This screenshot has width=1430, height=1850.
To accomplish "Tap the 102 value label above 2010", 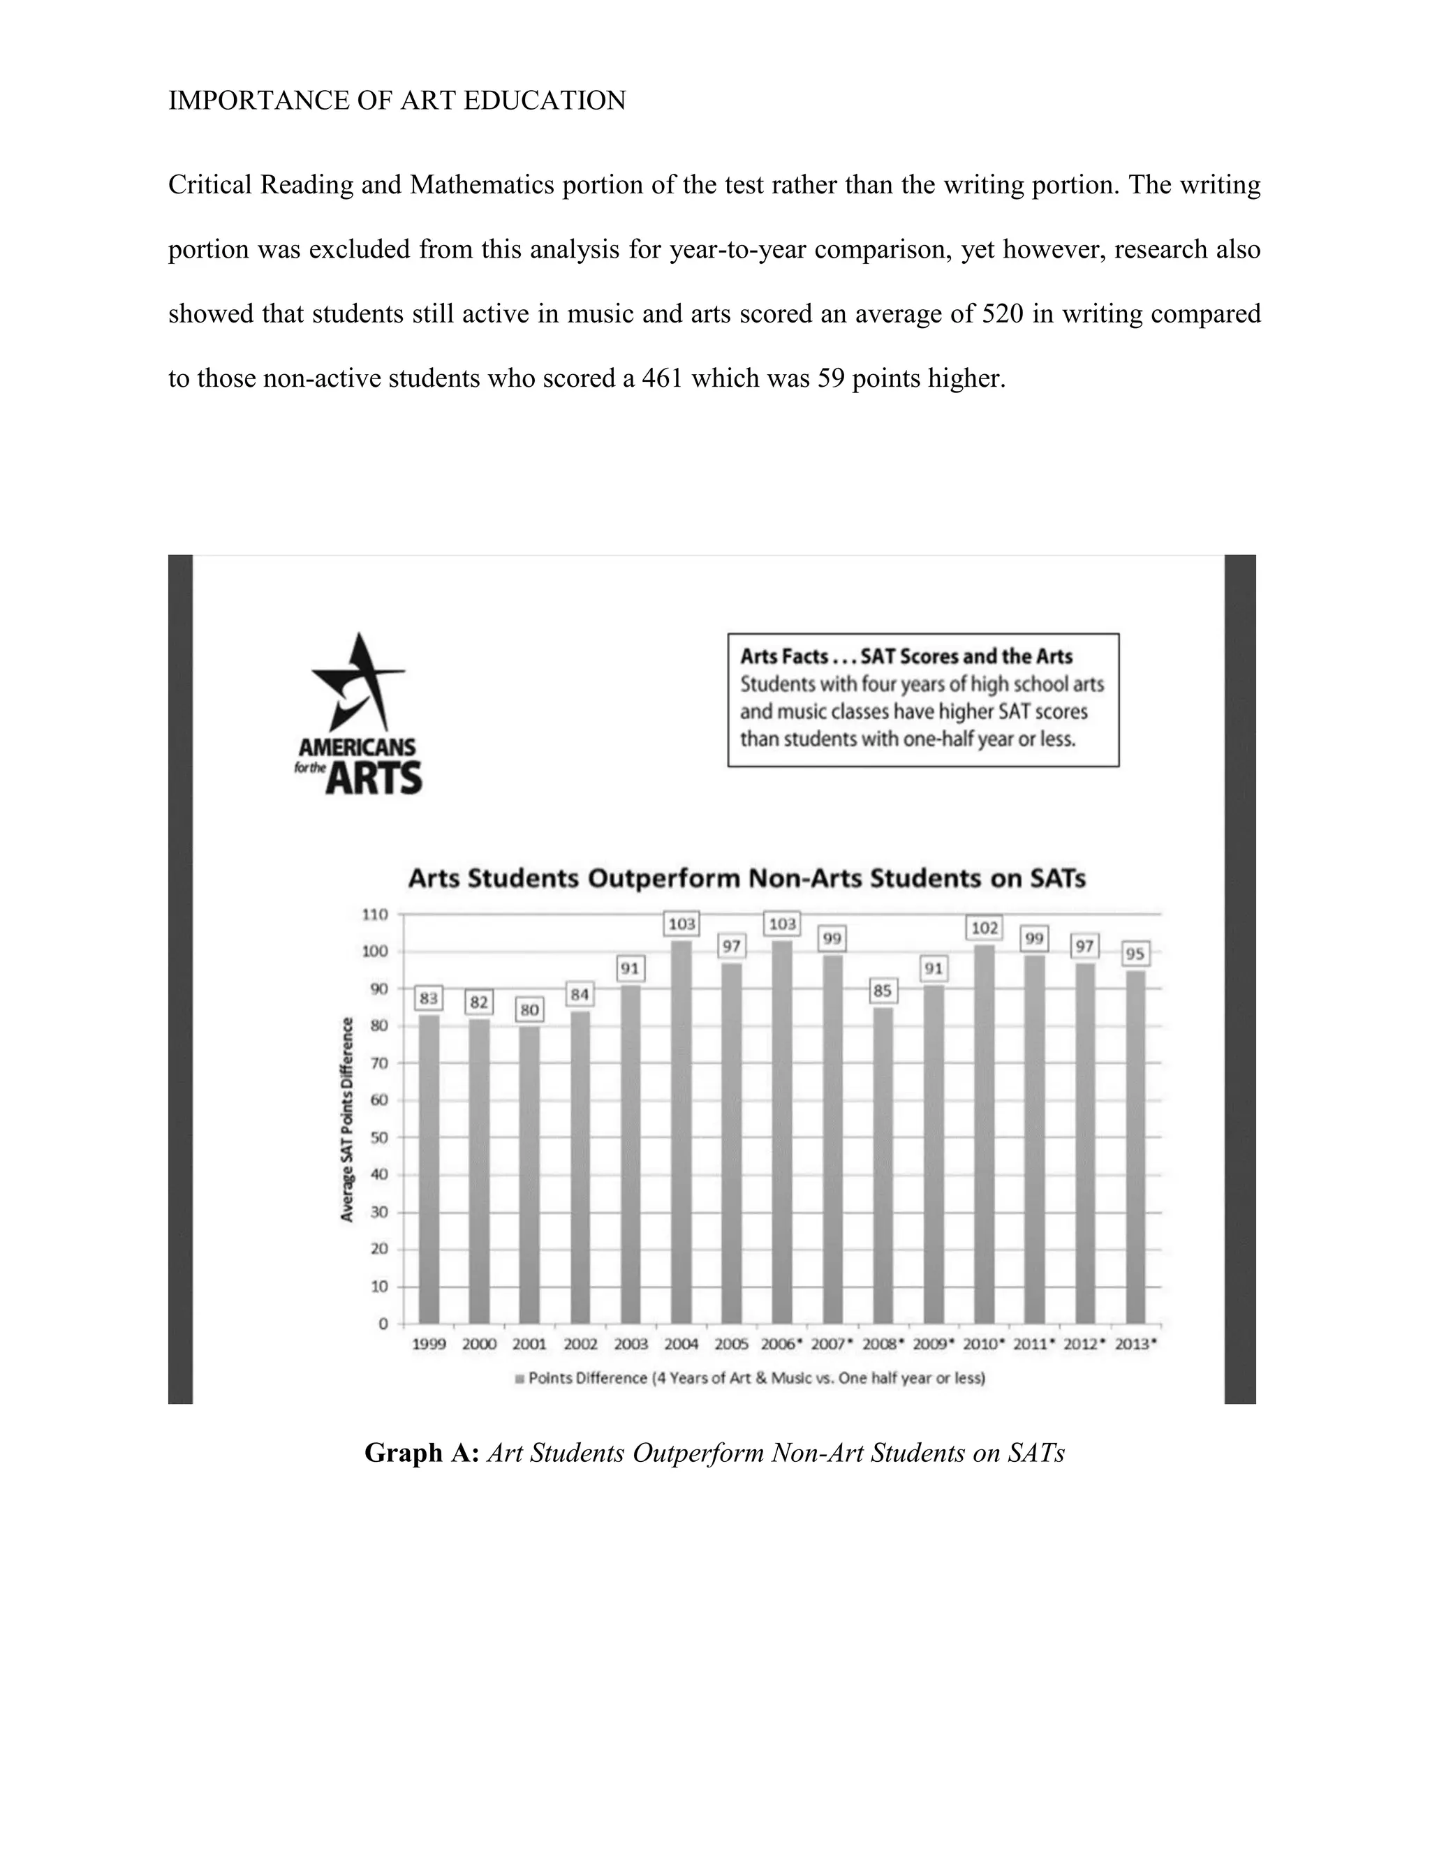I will click(984, 928).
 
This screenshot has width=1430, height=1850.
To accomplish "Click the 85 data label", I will click(883, 989).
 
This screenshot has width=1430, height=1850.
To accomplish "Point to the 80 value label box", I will click(529, 1009).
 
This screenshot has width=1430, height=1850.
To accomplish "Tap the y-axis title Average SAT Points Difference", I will click(346, 1119).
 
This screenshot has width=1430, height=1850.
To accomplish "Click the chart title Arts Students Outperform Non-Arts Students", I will click(746, 878).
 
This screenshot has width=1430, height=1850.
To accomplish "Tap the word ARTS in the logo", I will click(374, 778).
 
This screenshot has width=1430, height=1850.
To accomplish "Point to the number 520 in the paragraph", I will click(1002, 314).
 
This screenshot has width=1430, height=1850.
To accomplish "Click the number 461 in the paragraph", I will click(662, 378).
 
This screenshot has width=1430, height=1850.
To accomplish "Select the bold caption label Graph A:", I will click(422, 1453).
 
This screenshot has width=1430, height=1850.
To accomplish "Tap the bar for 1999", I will click(429, 1169).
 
